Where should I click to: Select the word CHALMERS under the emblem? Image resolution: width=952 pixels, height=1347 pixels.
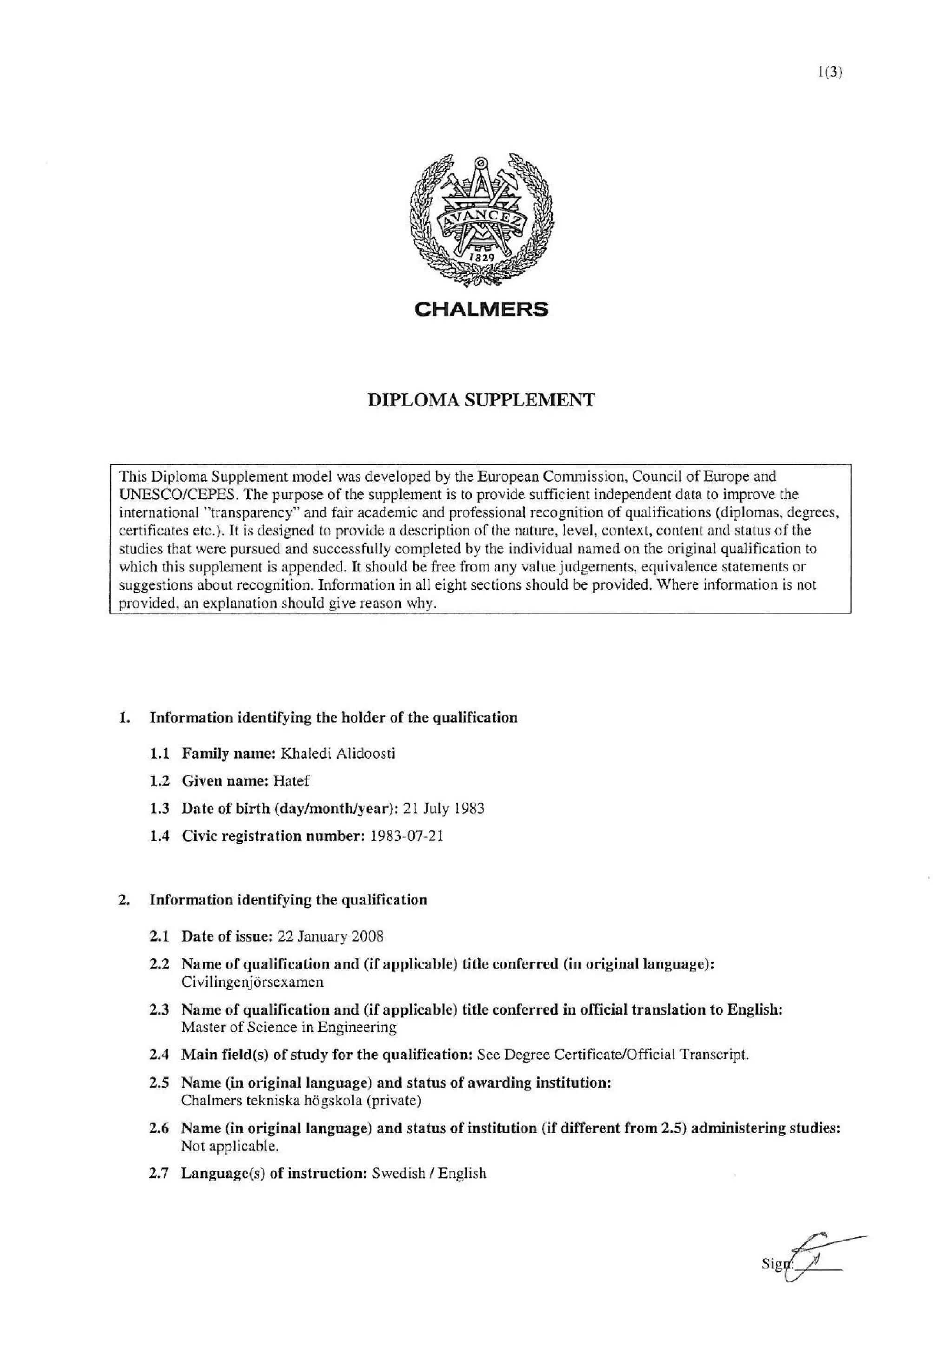(x=481, y=309)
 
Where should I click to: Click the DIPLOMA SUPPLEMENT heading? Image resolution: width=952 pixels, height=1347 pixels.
(x=481, y=400)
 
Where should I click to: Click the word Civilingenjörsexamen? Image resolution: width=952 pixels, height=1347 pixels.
(x=252, y=982)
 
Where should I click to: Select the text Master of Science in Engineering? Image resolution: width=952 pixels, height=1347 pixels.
(x=289, y=1027)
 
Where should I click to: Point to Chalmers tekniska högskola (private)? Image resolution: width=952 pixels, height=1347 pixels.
(x=302, y=1101)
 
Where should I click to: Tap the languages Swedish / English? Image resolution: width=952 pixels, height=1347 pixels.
(x=430, y=1174)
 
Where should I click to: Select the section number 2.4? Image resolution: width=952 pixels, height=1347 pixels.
(x=159, y=1055)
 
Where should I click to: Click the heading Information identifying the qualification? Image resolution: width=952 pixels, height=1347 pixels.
(x=288, y=900)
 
